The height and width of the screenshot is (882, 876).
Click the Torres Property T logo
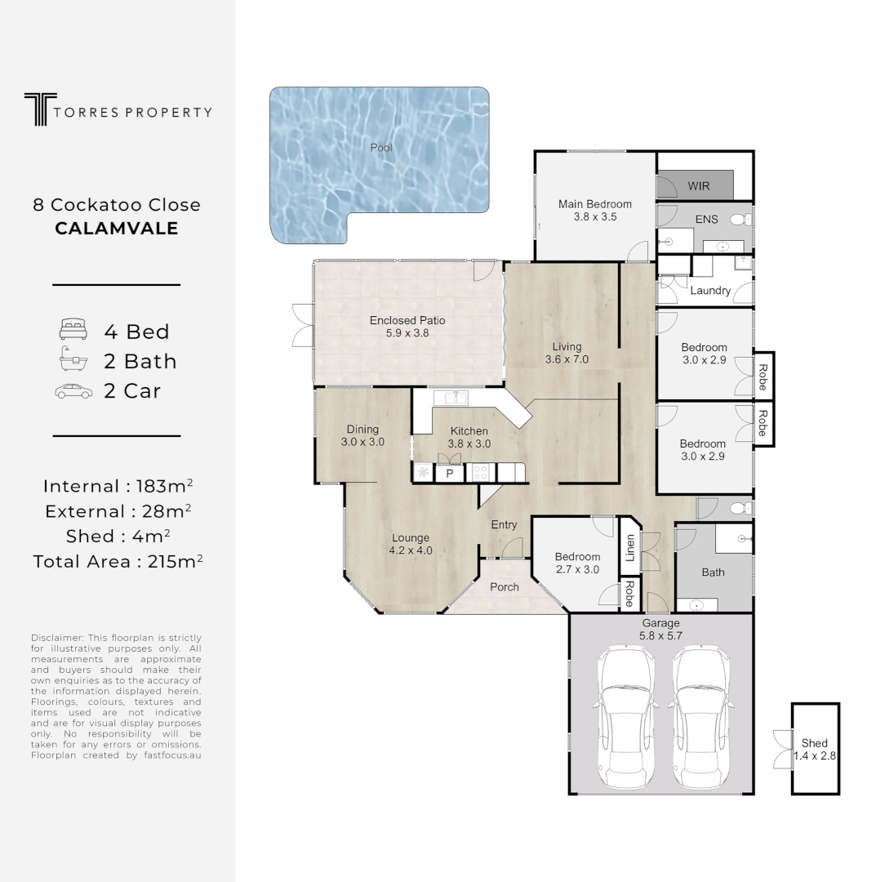point(40,109)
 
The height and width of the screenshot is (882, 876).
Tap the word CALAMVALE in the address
point(117,229)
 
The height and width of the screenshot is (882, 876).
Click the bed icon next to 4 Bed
point(73,330)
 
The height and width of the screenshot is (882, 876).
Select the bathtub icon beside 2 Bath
point(73,359)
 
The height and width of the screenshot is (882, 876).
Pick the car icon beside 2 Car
point(73,391)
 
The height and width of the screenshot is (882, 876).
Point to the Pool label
point(381,148)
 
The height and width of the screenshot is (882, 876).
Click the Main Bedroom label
point(595,204)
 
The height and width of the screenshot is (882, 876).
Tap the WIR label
point(699,186)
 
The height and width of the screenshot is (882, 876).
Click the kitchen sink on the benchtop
point(451,399)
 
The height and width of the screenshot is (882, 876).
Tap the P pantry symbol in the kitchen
point(450,474)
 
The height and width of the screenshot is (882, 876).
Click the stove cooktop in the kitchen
point(480,473)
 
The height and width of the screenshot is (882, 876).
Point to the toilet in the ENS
point(740,220)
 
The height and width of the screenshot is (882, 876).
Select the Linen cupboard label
point(630,548)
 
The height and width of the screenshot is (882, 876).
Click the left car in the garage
point(626,718)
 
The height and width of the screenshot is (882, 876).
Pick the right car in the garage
point(702,718)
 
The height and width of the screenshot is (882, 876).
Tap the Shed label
point(815,743)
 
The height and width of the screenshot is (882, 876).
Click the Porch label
point(505,587)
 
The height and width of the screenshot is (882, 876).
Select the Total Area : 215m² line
point(118,561)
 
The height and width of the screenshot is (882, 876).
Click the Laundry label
point(710,291)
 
